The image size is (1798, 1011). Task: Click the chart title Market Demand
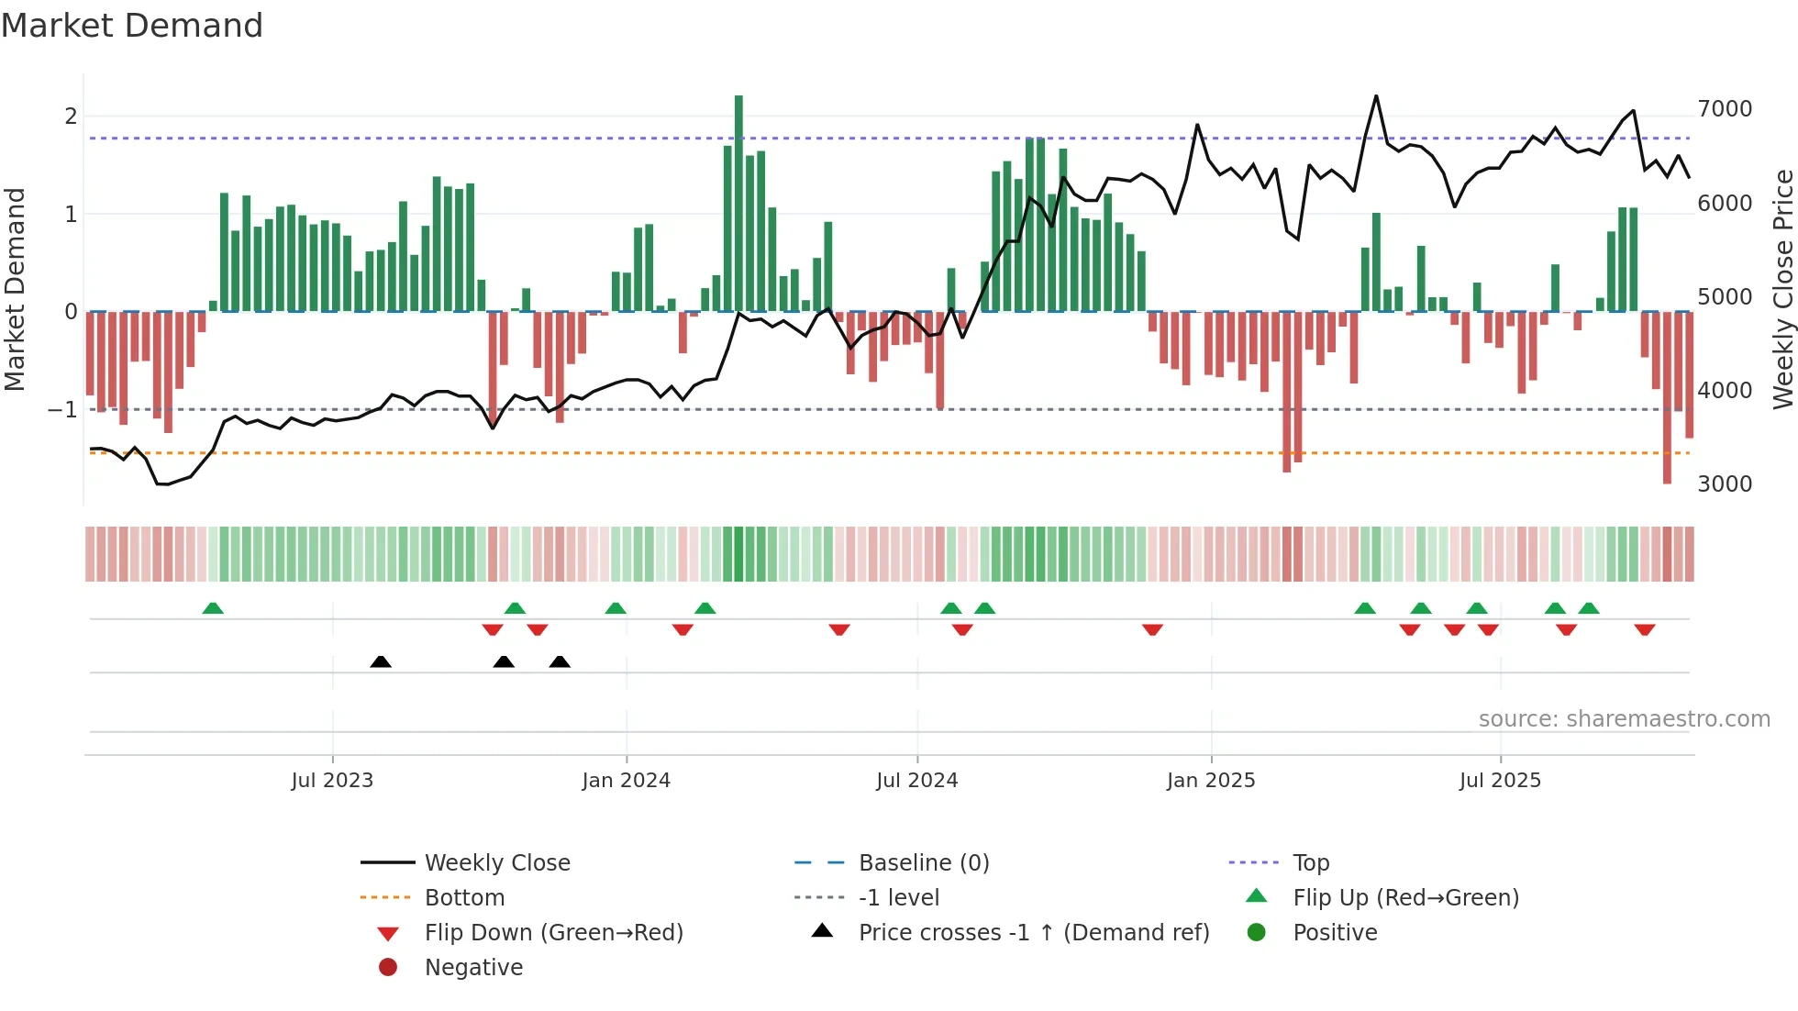pos(132,26)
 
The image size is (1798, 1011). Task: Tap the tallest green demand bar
pos(738,202)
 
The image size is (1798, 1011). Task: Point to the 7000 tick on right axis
pos(1725,109)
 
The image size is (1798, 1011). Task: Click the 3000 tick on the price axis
pos(1725,484)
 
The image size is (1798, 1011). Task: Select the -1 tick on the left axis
pos(62,409)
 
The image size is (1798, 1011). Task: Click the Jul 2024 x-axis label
pos(916,781)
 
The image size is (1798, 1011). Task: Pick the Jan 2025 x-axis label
pos(1210,781)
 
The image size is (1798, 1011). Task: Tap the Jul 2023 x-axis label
pos(332,781)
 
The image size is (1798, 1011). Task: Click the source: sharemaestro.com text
pos(1624,719)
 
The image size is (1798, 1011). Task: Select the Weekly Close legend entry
pos(496,863)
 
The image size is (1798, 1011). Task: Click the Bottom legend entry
pos(464,898)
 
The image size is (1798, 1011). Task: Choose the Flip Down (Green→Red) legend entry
pos(553,933)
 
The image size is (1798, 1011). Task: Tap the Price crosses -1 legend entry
pos(1033,933)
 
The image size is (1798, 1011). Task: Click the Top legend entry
pos(1310,863)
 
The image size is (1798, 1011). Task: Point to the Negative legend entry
pos(473,968)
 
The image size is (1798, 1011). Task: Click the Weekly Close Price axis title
pos(1782,289)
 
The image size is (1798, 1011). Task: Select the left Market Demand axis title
pos(15,289)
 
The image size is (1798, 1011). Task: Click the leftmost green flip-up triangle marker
pos(213,608)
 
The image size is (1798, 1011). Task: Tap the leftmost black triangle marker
pos(381,661)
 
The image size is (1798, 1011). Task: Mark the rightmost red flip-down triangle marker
pos(1644,629)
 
